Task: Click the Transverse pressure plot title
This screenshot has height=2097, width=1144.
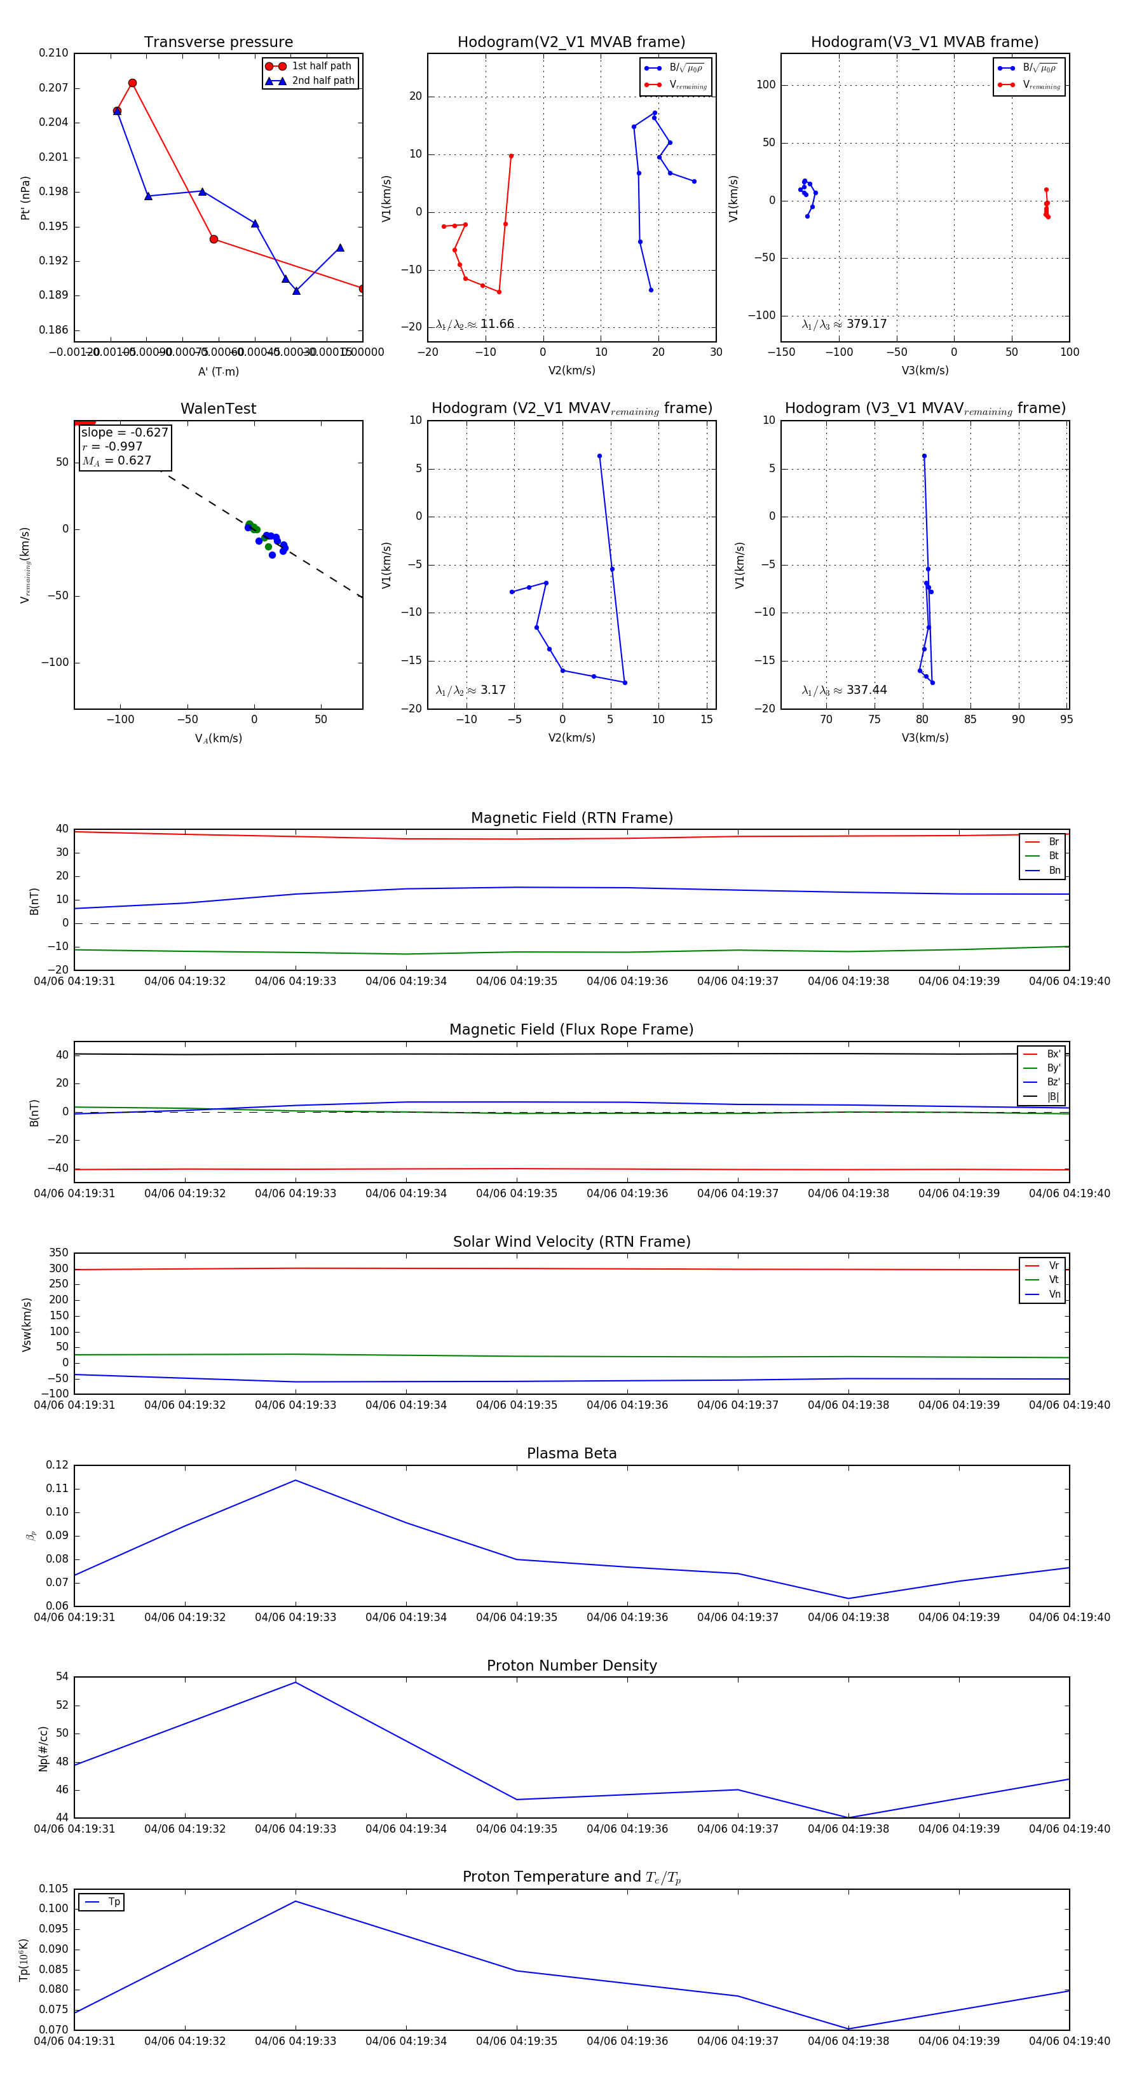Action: click(218, 43)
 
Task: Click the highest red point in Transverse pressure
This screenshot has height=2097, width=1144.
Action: click(133, 83)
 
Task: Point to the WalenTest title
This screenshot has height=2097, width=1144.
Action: click(218, 409)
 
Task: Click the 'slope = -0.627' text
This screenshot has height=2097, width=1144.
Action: click(125, 432)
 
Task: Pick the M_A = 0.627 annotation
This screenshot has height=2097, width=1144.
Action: click(116, 461)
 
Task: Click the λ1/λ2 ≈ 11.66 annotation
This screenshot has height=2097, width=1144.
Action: click(475, 324)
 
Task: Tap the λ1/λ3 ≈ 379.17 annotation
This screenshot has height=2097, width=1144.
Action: click(845, 324)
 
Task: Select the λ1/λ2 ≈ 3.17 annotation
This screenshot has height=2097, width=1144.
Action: click(470, 690)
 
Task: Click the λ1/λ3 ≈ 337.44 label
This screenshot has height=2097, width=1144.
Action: click(845, 690)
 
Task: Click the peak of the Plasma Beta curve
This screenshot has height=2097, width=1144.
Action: click(296, 1480)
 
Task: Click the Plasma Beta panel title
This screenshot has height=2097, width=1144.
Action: click(571, 1453)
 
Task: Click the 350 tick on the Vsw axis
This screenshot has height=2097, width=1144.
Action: click(58, 1253)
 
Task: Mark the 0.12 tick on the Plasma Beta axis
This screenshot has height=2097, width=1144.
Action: click(57, 1465)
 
